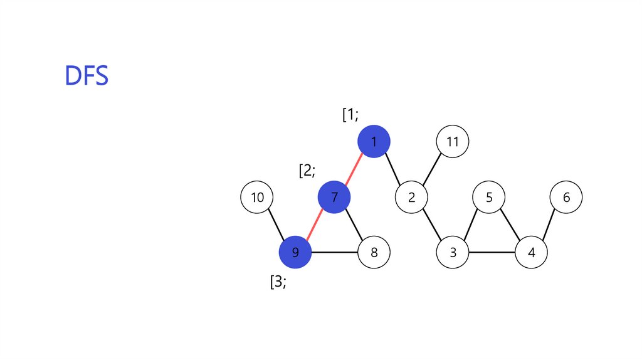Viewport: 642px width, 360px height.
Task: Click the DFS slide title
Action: pos(87,76)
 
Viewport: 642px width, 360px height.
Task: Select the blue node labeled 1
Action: pos(374,142)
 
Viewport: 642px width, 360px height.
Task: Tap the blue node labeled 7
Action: pos(334,198)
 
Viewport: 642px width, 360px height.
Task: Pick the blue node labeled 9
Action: pos(295,253)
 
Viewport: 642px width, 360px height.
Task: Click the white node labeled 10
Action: pos(257,198)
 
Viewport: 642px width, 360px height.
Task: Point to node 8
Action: pos(374,253)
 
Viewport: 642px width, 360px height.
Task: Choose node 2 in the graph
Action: pos(411,198)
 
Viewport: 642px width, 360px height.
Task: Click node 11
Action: pos(452,142)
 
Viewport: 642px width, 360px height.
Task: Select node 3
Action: pos(453,253)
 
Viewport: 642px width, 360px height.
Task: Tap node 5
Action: pos(490,198)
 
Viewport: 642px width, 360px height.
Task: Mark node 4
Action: pos(532,253)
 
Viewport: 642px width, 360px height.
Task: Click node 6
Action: pos(566,198)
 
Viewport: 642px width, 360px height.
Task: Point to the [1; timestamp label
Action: pos(350,115)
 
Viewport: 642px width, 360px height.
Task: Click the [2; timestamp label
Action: pos(307,171)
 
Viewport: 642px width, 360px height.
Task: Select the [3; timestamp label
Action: pos(278,282)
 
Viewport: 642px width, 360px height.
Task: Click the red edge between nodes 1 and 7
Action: pos(354,169)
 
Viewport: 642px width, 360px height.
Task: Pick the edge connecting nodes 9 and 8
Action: pos(334,253)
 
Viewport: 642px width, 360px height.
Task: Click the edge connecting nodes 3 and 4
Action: pos(492,253)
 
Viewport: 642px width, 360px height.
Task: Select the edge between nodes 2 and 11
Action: pos(432,169)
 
